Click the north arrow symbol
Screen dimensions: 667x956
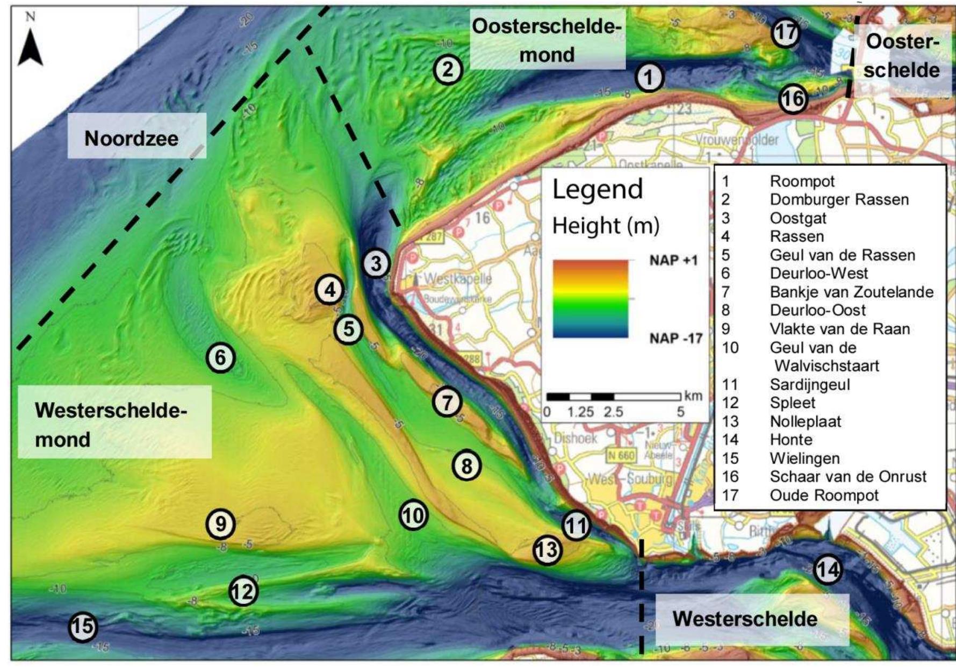[30, 47]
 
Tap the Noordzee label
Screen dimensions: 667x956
[131, 138]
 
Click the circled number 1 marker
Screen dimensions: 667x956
[649, 78]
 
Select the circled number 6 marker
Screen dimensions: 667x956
[221, 357]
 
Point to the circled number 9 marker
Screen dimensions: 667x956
[221, 523]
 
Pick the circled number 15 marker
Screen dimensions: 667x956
[83, 627]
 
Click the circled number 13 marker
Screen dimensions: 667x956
[547, 550]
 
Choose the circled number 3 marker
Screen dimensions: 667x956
[376, 264]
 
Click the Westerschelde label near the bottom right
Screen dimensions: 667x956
[744, 619]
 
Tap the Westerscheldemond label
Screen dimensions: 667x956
[110, 425]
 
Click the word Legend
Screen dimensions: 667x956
[597, 190]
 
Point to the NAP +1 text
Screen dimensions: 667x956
[673, 261]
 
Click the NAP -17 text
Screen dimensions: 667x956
[675, 338]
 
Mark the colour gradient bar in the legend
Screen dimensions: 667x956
[590, 299]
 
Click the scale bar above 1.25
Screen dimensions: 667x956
[580, 397]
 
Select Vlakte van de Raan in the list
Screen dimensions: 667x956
[839, 328]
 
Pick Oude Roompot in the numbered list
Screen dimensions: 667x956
[824, 495]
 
